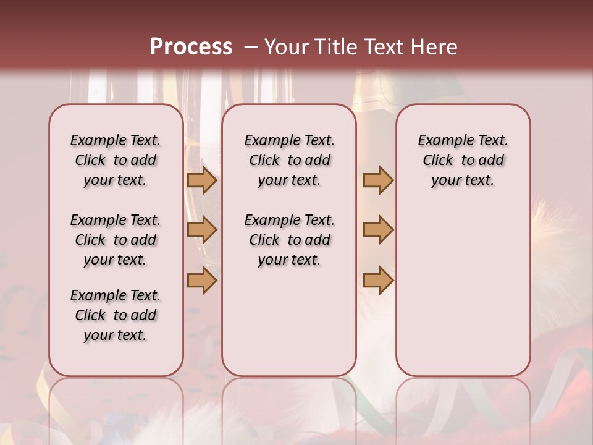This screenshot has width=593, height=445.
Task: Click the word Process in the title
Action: (x=191, y=46)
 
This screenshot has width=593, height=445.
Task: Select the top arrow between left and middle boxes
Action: (x=202, y=180)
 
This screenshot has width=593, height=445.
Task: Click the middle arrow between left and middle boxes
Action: (x=202, y=230)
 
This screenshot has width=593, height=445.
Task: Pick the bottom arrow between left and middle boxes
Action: (x=202, y=280)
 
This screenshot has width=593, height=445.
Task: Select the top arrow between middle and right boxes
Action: (x=378, y=180)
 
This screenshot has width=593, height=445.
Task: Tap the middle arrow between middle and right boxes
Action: (x=378, y=230)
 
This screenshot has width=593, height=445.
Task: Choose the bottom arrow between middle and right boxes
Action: (x=378, y=280)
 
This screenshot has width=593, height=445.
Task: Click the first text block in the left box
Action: (x=116, y=160)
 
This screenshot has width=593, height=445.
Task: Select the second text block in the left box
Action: (x=116, y=240)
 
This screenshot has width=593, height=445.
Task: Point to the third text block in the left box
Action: (x=116, y=315)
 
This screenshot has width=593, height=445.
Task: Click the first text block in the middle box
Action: (x=289, y=160)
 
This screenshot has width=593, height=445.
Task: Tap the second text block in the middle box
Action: (x=289, y=240)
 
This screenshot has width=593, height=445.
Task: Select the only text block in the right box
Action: (x=463, y=160)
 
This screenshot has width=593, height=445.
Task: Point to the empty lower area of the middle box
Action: (x=289, y=321)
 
